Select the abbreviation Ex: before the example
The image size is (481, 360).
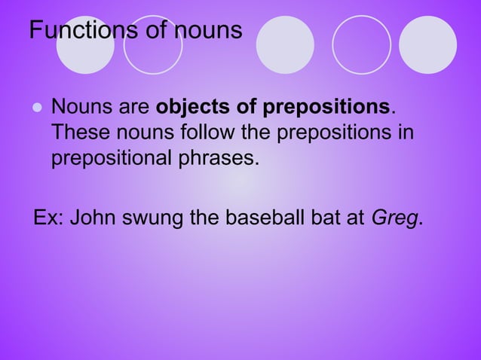[x=50, y=218]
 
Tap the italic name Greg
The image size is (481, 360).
[x=395, y=219]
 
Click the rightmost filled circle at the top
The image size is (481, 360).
[x=427, y=44]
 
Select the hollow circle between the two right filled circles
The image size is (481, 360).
[x=361, y=44]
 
